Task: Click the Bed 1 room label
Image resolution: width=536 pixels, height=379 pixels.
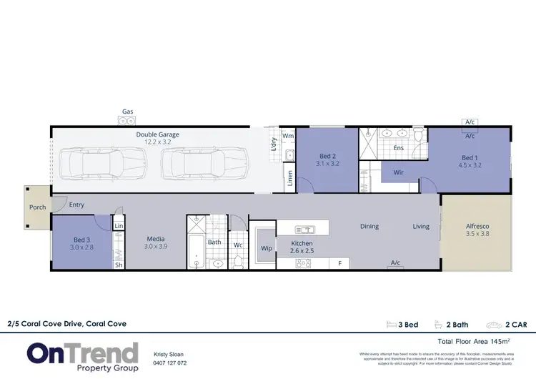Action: tap(469, 157)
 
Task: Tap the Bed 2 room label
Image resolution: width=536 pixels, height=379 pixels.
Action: tap(327, 155)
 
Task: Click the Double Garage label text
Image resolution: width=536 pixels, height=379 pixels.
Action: tap(158, 134)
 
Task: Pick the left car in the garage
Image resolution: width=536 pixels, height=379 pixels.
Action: tap(100, 164)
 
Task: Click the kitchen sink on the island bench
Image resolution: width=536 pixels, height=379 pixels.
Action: tap(304, 230)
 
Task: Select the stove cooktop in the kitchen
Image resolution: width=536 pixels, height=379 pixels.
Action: tap(304, 263)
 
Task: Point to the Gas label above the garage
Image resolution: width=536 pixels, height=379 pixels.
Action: tap(128, 112)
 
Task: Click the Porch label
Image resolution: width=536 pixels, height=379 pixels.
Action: tap(38, 207)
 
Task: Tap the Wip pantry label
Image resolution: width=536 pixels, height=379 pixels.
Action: tap(267, 249)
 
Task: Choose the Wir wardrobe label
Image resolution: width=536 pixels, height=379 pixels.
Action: tap(399, 172)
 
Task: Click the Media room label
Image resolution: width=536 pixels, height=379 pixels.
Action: tap(157, 240)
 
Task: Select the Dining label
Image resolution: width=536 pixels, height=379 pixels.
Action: tap(369, 227)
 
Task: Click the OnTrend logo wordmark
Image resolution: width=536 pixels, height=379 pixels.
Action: tap(83, 353)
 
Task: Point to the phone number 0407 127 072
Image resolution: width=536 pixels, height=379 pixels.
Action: tap(170, 363)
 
